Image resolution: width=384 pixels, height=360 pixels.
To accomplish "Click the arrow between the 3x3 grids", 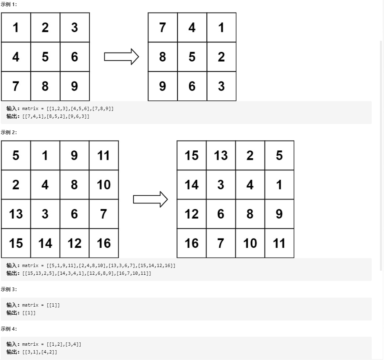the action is click(121, 57).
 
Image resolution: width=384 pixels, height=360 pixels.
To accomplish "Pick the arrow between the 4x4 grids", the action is click(150, 199).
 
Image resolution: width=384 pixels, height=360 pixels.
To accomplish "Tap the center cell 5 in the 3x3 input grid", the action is click(45, 57).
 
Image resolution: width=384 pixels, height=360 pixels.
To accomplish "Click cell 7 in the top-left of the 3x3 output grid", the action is click(162, 27).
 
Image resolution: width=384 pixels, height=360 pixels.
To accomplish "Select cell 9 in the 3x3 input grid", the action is click(75, 86).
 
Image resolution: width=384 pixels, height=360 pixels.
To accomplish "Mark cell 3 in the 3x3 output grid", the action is click(221, 86).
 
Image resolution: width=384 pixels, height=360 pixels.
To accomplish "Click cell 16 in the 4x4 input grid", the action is click(104, 243).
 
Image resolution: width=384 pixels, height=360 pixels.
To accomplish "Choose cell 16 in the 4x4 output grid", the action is click(192, 243).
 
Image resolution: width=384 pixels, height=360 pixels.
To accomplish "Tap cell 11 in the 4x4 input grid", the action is click(104, 155).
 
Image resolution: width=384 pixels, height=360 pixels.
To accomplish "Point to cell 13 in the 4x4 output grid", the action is click(221, 155).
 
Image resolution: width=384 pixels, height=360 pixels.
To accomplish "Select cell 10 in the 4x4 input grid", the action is click(104, 185).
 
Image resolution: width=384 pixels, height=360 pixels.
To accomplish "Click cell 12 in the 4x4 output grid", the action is click(192, 214).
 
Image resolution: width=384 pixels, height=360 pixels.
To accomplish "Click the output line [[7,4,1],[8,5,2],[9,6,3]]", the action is click(56, 117).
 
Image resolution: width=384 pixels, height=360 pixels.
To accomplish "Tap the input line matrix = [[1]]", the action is click(41, 305).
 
